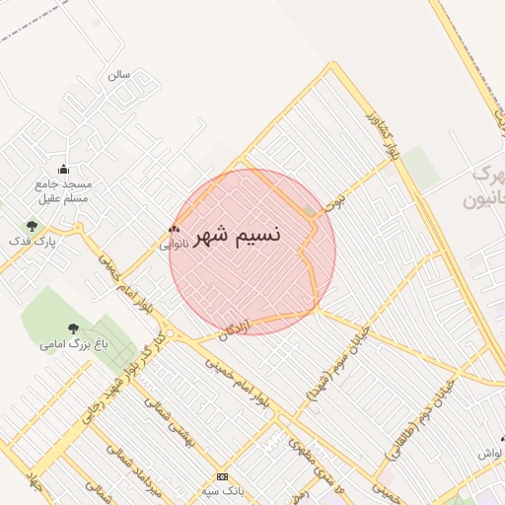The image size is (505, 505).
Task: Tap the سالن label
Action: tap(118, 75)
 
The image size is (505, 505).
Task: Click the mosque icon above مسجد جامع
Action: tap(64, 169)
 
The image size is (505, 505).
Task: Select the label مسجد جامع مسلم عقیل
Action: tap(63, 190)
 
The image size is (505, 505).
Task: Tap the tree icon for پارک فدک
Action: tap(33, 225)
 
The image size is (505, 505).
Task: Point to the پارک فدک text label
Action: tap(33, 240)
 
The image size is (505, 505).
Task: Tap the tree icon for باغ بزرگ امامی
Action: tap(73, 328)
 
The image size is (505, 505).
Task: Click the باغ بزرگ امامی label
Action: tap(73, 344)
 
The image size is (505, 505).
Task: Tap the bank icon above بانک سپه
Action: tap(222, 476)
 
